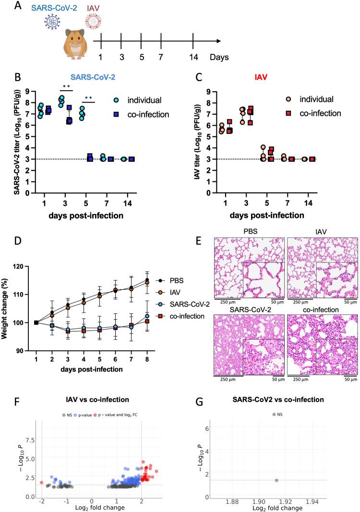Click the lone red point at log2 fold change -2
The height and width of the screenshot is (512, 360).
pos(42,482)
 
